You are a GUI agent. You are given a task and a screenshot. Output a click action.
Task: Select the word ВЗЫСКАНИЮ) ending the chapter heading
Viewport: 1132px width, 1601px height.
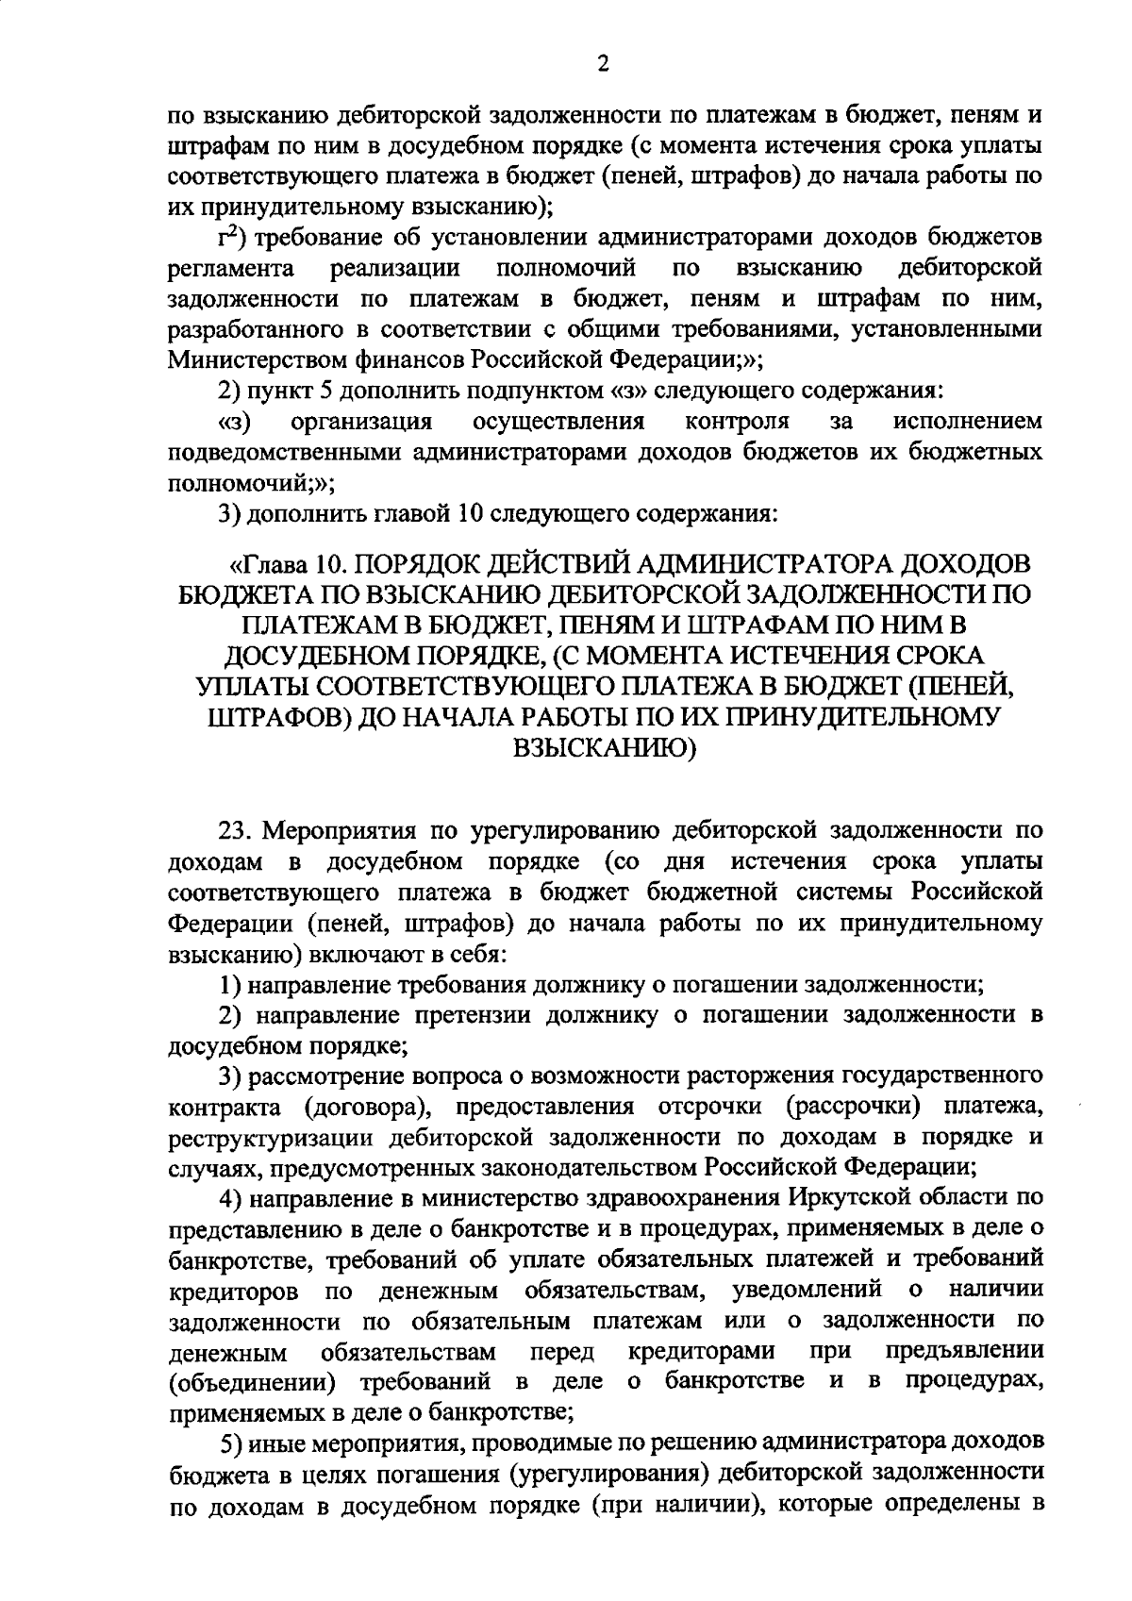[603, 748]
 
